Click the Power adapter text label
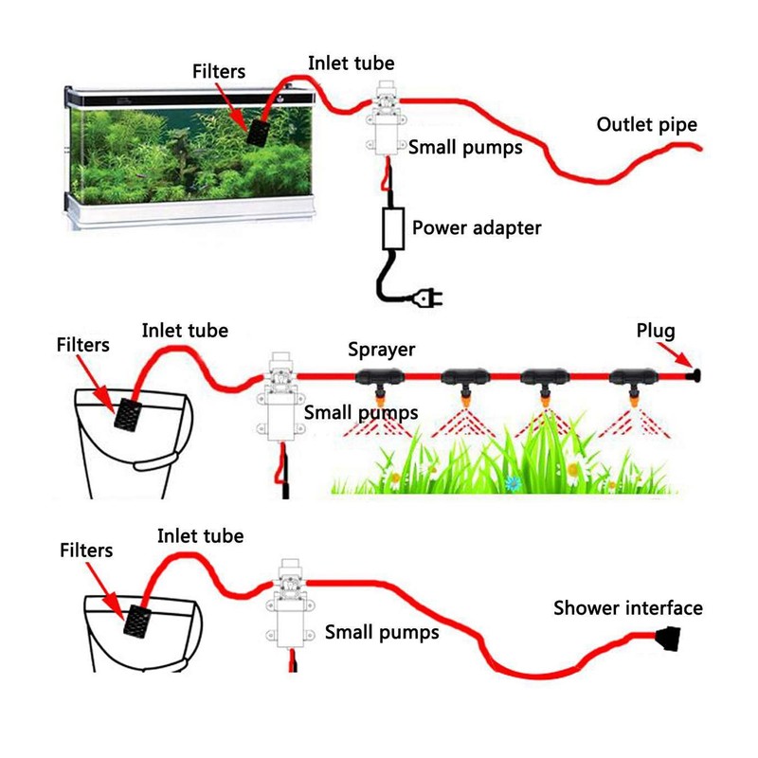[477, 227]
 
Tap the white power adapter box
[393, 228]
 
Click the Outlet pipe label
[647, 125]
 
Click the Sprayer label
[382, 350]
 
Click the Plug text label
[656, 331]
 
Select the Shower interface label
[628, 608]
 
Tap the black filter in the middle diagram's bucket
[128, 413]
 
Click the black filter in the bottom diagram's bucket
[137, 621]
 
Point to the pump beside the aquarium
[386, 119]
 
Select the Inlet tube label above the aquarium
[351, 63]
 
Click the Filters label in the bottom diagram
[86, 550]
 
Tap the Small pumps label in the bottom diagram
[382, 633]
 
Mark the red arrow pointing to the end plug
[675, 354]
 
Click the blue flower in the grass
[514, 482]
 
